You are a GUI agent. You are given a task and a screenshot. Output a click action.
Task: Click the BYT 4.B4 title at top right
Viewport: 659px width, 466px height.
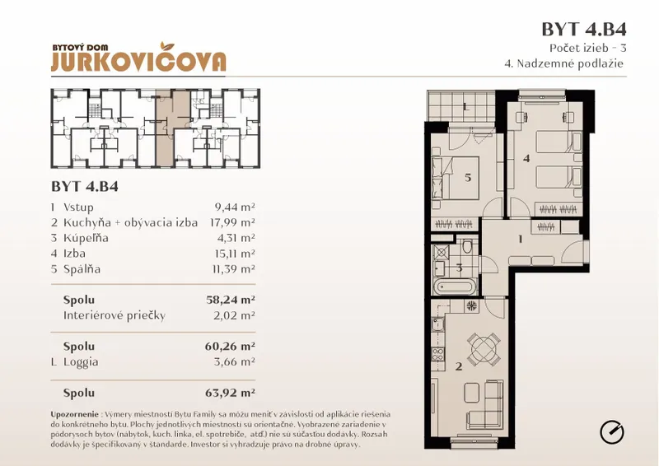tap(584, 30)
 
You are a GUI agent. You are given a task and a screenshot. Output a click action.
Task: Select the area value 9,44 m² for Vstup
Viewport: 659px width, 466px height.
tap(235, 207)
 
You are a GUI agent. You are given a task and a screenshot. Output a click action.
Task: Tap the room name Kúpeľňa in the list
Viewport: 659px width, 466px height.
tap(86, 238)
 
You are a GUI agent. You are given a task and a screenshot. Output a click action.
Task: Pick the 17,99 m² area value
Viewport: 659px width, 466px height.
tap(232, 222)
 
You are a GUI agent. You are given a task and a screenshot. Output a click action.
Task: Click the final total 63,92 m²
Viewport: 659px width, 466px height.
tap(231, 393)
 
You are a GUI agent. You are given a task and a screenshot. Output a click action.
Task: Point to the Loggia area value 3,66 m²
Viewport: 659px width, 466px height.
tap(235, 361)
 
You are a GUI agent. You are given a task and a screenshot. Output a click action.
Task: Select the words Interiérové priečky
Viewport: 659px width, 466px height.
tap(115, 315)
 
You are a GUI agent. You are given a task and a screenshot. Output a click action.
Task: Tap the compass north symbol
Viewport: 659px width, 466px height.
tap(611, 432)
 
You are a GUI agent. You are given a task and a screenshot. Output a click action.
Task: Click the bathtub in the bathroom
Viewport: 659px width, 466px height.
tap(456, 287)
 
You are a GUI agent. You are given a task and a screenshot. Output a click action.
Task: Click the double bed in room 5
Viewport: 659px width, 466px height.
tap(456, 178)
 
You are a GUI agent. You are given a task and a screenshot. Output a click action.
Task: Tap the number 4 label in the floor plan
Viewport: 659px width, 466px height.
tap(526, 158)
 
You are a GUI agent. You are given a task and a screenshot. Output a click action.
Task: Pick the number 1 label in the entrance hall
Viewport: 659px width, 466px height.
tap(521, 239)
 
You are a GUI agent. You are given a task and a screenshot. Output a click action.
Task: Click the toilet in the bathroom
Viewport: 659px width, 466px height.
tap(467, 247)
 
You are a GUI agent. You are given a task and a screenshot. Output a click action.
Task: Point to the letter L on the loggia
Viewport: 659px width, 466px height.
tap(465, 107)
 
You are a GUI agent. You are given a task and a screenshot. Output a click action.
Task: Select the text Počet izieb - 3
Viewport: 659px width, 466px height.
tap(587, 48)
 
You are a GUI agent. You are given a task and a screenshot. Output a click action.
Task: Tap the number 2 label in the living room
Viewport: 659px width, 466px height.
tap(459, 366)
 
